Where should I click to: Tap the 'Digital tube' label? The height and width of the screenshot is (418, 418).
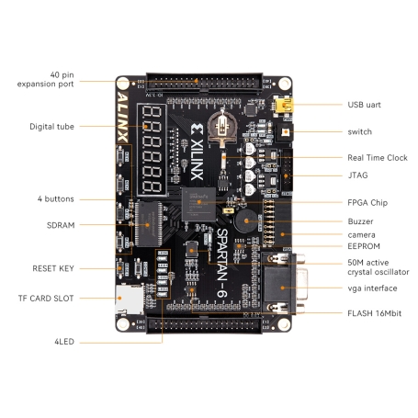tap(51, 127)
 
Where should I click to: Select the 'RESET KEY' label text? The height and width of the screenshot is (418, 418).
tap(51, 268)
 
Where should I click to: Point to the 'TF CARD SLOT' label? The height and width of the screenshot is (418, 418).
tap(46, 298)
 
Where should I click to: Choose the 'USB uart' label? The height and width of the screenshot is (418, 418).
tap(366, 105)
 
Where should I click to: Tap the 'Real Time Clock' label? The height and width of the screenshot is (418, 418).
tap(377, 158)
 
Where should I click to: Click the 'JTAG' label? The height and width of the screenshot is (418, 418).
tap(357, 174)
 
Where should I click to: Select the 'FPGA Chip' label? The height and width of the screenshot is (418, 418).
tap(367, 202)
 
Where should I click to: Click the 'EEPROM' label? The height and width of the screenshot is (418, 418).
tap(363, 247)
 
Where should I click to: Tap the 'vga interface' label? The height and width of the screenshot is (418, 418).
tap(372, 288)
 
